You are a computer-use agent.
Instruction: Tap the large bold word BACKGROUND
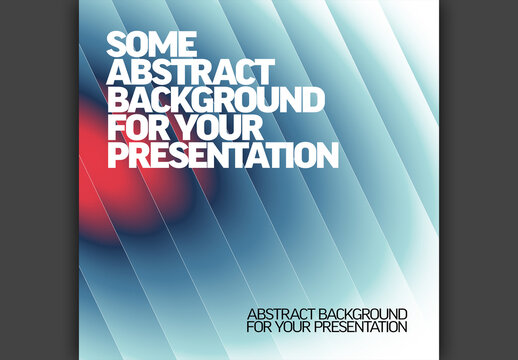click(216, 101)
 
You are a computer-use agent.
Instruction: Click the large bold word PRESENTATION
click(222, 156)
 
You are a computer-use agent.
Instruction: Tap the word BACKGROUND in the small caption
click(370, 314)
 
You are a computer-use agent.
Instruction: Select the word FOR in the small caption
click(258, 327)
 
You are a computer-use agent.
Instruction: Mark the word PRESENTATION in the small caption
click(363, 327)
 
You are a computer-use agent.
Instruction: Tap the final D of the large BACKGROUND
click(313, 101)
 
